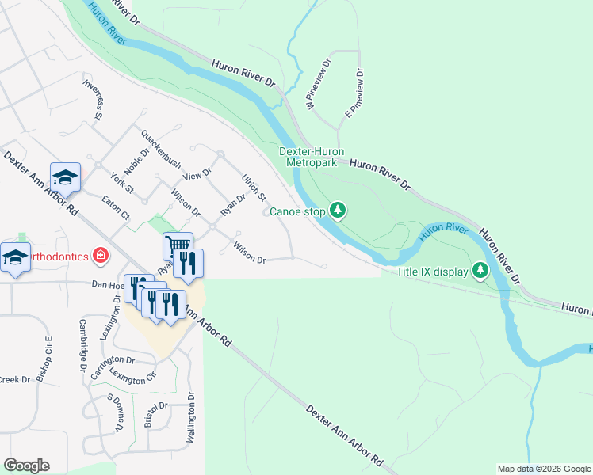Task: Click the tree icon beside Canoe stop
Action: coord(339,210)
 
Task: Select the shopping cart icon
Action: coord(178,245)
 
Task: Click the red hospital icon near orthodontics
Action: coord(101,255)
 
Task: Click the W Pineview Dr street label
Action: coord(318,85)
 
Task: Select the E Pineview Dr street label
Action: coord(354,93)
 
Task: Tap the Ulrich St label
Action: coord(254,188)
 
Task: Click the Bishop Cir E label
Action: coord(48,355)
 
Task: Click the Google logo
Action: coord(26,465)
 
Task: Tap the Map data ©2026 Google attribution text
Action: coord(543,469)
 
